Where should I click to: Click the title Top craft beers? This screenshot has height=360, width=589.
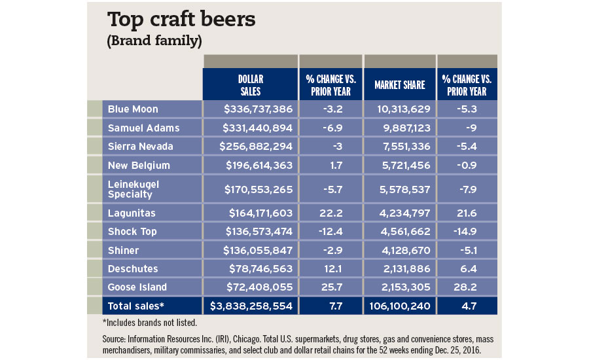[x=181, y=19]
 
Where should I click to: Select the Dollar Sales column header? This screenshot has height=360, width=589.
[x=249, y=84]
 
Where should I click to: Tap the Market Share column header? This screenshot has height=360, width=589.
[x=399, y=84]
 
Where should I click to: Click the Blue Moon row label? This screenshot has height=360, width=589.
[x=133, y=109]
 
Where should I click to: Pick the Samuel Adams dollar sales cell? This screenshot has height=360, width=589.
[x=251, y=127]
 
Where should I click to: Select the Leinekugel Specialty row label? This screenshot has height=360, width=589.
[x=134, y=189]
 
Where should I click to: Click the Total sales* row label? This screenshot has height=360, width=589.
[x=137, y=305]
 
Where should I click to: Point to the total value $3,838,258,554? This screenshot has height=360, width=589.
[x=251, y=305]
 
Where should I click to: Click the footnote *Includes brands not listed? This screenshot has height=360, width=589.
[x=149, y=321]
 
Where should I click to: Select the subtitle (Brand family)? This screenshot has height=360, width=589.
[x=154, y=41]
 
